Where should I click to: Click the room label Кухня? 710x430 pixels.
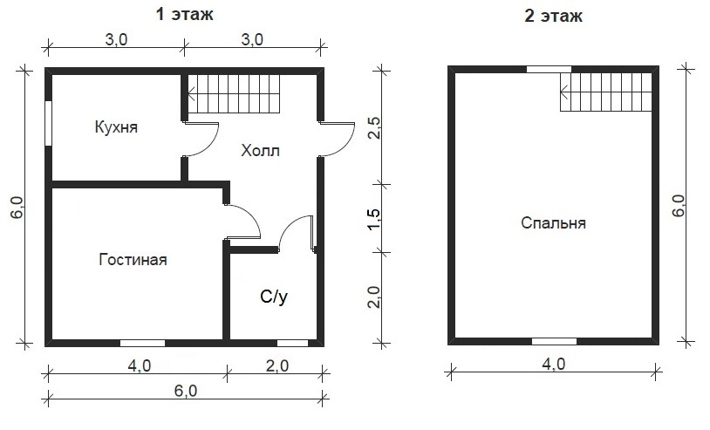116,127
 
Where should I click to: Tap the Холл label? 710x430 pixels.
261,150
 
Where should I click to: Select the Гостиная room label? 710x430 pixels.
133,260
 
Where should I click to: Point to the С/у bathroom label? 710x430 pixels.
274,297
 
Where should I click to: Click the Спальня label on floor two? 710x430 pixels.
553,223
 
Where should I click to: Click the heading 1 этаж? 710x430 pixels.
185,15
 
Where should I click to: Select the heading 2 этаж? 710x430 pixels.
553,17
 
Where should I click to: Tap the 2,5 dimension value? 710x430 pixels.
373,127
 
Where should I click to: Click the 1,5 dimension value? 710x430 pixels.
373,219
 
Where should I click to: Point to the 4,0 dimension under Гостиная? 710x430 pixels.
139,365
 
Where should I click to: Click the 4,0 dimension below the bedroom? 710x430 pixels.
553,364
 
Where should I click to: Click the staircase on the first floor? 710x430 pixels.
234,94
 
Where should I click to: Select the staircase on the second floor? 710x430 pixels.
606,92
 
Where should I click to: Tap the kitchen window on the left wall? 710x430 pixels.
49,123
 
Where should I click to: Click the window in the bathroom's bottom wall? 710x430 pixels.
292,343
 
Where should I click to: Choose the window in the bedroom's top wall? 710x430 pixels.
549,69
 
